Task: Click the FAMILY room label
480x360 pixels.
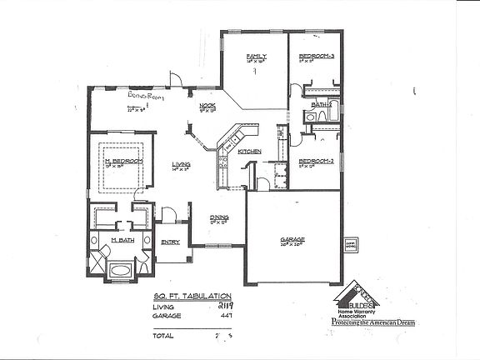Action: pos(255,57)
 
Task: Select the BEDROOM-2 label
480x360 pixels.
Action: pos(316,160)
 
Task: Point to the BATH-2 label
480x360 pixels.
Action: pos(320,105)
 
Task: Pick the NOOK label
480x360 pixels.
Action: pos(207,106)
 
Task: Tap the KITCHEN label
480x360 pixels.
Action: pos(250,151)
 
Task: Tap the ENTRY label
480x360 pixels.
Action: pos(170,242)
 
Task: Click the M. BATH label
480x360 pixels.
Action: pos(123,240)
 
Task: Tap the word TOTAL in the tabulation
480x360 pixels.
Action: pos(163,336)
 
